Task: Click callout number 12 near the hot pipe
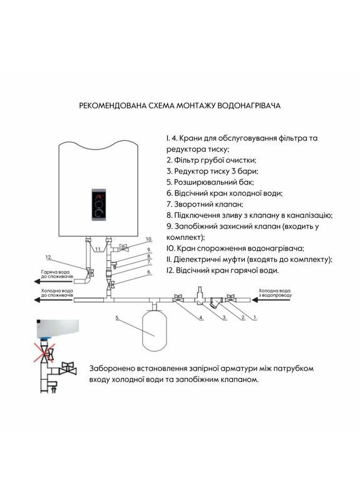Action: (x=48, y=257)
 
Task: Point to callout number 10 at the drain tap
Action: (x=149, y=239)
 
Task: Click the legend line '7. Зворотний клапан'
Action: (x=205, y=204)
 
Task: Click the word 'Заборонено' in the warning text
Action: (x=117, y=368)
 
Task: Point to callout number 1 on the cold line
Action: (x=255, y=318)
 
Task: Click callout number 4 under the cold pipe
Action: (x=201, y=318)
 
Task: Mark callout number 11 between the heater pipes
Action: (x=98, y=249)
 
